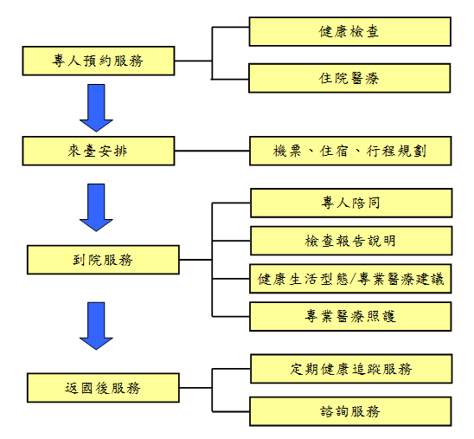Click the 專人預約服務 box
(99, 61)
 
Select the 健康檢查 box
(350, 31)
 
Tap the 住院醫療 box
(349, 78)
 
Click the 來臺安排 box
(99, 151)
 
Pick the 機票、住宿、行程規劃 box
(350, 151)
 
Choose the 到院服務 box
(103, 260)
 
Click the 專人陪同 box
(351, 203)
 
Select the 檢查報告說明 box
(351, 241)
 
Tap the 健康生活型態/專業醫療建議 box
(350, 279)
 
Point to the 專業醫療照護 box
(350, 316)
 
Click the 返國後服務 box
(103, 388)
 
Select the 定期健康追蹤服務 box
(351, 369)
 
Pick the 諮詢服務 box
(350, 411)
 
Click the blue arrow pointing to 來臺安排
(96, 108)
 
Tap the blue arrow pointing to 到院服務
(96, 208)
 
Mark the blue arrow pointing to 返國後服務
(96, 326)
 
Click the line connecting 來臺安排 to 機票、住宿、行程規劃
(212, 151)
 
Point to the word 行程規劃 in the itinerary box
(396, 151)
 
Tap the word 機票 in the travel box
(287, 151)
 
